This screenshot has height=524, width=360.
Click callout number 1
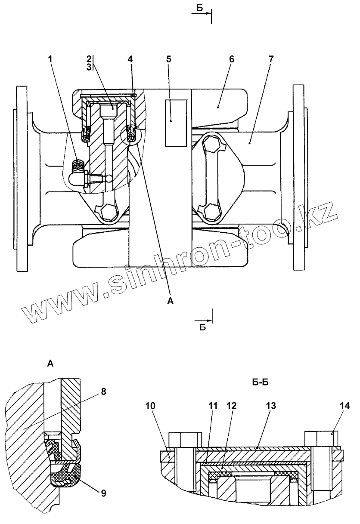click(51, 59)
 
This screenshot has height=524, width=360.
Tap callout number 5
click(169, 59)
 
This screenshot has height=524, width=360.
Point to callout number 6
click(231, 59)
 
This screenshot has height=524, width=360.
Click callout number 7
click(270, 59)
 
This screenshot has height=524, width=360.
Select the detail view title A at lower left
click(50, 364)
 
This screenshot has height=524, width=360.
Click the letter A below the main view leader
click(170, 302)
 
